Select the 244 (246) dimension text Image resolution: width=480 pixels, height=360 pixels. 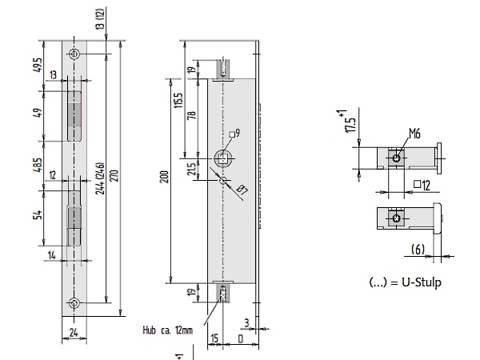coord(100,178)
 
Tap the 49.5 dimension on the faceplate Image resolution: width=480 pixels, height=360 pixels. coord(38,65)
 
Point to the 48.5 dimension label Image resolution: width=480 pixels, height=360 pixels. coord(38,165)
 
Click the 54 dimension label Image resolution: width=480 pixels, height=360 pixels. coord(38,214)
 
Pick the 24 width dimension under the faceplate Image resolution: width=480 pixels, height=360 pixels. coord(74,333)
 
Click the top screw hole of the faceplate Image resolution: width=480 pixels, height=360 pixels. coord(74,54)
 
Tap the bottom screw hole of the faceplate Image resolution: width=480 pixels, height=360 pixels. coord(74,303)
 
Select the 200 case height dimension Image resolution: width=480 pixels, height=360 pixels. coord(165,177)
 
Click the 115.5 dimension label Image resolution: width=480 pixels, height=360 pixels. coord(178,101)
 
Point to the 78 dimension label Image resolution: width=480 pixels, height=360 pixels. coord(191,115)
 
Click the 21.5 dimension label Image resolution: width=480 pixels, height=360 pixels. coord(191,169)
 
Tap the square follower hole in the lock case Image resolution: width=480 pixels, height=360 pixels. coord(223,158)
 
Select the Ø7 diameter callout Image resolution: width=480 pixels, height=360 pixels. coord(242,190)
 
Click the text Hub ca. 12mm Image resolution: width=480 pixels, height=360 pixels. coord(168,330)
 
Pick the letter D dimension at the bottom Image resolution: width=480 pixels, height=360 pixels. coord(241,339)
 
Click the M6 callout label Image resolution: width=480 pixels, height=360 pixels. coord(414,134)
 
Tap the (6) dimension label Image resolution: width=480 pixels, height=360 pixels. coord(418,250)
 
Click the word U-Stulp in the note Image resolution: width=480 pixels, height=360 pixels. coord(422,282)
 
